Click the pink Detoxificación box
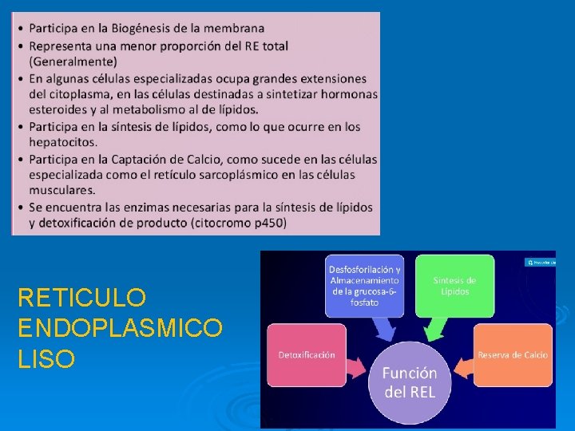tap(307, 354)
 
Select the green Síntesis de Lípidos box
tap(454, 285)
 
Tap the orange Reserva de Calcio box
tap(512, 354)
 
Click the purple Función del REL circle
tap(409, 382)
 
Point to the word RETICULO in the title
tap(81, 299)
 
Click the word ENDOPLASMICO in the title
tap(120, 329)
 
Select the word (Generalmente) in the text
tap(73, 61)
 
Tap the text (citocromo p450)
tap(238, 222)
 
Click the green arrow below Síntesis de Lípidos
tap(437, 328)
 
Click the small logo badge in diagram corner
tap(539, 261)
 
